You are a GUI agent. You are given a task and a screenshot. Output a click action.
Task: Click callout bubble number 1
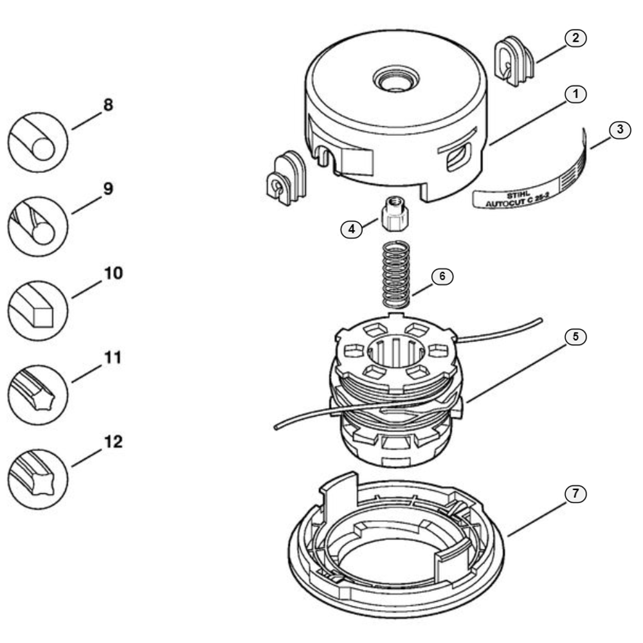(x=575, y=94)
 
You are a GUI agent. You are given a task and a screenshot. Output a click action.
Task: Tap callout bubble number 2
(x=575, y=38)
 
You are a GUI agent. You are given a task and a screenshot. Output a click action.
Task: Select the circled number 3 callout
(x=620, y=130)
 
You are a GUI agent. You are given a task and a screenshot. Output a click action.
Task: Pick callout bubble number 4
(x=352, y=229)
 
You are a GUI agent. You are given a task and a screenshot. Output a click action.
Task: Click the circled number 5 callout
(x=575, y=337)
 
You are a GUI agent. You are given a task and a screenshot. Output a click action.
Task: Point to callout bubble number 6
(x=442, y=276)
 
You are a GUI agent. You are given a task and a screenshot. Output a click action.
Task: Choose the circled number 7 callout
(x=575, y=493)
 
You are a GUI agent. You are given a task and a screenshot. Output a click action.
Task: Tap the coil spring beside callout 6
(x=396, y=275)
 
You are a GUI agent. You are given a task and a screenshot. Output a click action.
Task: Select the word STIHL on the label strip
(x=518, y=195)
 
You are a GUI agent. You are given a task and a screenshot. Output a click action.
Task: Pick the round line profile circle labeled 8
(x=38, y=142)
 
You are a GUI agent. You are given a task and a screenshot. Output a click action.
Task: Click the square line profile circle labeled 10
(x=38, y=311)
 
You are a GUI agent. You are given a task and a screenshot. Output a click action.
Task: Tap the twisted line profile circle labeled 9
(x=38, y=226)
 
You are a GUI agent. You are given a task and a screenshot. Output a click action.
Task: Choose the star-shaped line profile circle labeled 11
(x=38, y=395)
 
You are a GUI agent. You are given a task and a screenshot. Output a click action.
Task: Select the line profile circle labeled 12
(x=38, y=479)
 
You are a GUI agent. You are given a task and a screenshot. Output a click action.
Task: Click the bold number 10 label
(x=113, y=273)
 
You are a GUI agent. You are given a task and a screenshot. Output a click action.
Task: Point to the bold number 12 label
(x=113, y=442)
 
